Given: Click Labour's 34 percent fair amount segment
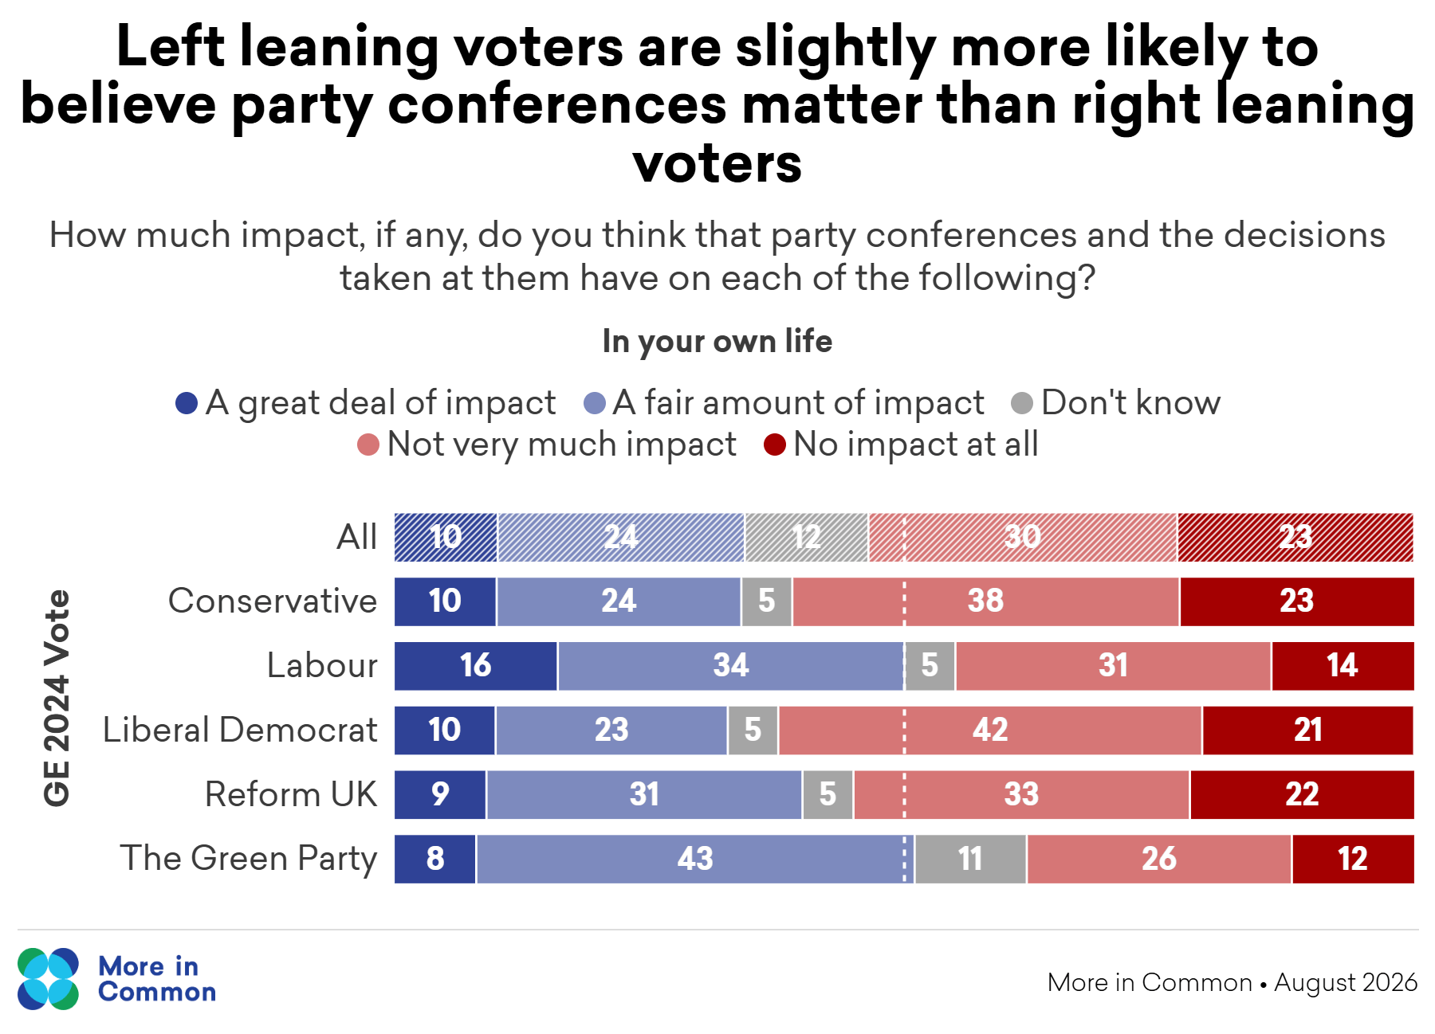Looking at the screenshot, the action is click(x=731, y=666).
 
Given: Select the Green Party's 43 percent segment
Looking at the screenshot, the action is click(x=695, y=859).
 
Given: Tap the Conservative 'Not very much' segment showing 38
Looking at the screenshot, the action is click(x=986, y=601).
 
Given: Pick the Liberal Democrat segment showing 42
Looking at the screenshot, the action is click(x=990, y=730).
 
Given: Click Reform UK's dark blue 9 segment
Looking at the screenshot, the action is click(x=440, y=794).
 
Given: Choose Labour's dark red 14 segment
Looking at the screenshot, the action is click(x=1343, y=666).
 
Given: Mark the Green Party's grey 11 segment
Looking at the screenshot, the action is click(x=971, y=859).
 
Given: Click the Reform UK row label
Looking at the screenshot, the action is click(x=291, y=794).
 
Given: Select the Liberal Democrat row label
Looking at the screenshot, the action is click(x=240, y=730).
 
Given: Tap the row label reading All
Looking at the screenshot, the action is click(x=356, y=537).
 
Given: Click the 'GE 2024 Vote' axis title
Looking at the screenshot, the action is click(x=57, y=698).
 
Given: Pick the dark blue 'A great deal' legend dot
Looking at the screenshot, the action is click(x=187, y=403).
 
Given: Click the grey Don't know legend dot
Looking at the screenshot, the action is click(x=1022, y=403).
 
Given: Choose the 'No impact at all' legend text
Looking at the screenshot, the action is click(x=916, y=444).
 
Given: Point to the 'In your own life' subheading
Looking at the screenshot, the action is click(x=717, y=341).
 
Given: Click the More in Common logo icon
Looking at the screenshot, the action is click(x=48, y=979).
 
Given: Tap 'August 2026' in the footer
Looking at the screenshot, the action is click(x=1346, y=982).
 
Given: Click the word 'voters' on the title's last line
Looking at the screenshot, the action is click(x=717, y=163).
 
